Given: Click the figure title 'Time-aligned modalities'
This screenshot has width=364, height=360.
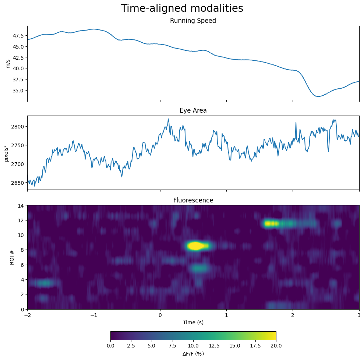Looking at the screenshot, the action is [182, 8].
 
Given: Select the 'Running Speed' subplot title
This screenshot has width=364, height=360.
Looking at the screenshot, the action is [193, 21].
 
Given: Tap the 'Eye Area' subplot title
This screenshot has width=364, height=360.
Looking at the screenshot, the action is [193, 110].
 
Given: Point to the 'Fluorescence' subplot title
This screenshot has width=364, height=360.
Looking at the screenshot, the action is [193, 200].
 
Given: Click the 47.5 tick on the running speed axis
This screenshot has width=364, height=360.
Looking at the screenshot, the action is [18, 36].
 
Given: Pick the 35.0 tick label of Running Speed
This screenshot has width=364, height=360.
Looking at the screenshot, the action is [18, 91].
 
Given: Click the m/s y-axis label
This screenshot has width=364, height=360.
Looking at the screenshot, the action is [8, 64].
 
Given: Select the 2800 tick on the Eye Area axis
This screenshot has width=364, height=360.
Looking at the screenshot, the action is [17, 127].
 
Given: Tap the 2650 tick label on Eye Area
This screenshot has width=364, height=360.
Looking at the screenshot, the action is [17, 183].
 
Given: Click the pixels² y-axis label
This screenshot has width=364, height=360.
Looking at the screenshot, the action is [6, 153].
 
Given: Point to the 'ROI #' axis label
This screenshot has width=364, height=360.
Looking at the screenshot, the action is [12, 257].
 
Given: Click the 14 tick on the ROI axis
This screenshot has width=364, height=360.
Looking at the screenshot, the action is [21, 206].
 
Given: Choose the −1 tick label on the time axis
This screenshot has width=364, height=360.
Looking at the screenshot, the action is [94, 315].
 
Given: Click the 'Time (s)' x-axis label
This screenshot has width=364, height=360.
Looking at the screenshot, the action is [193, 322].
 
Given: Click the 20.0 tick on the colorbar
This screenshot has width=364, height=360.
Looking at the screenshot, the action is [276, 346].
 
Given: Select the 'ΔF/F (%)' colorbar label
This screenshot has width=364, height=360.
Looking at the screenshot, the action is [193, 354].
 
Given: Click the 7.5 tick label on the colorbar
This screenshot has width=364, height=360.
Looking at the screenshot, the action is [173, 346].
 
